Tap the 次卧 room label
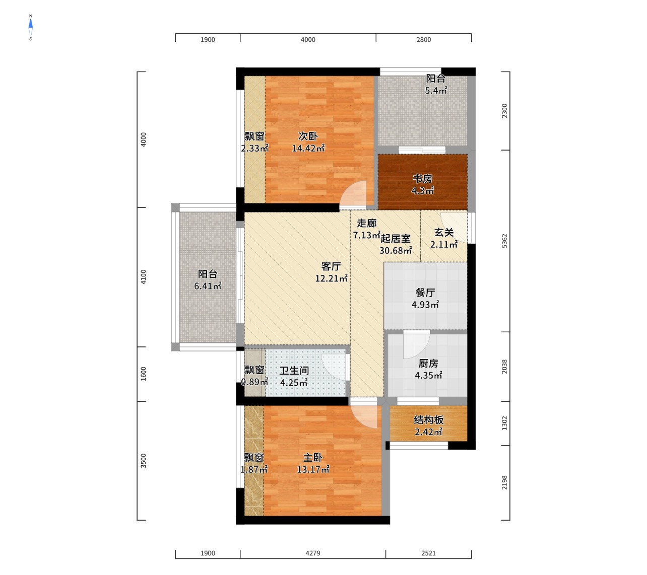pyautogui.click(x=307, y=136)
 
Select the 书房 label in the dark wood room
pyautogui.click(x=422, y=179)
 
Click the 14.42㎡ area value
pyautogui.click(x=308, y=149)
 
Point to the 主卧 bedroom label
pyautogui.click(x=312, y=458)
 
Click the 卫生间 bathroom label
pyautogui.click(x=294, y=370)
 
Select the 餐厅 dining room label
pyautogui.click(x=425, y=293)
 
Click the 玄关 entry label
pyautogui.click(x=444, y=232)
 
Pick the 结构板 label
pyautogui.click(x=429, y=420)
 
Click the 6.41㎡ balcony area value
pyautogui.click(x=208, y=286)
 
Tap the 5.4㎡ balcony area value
pyautogui.click(x=435, y=91)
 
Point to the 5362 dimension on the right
pyautogui.click(x=504, y=241)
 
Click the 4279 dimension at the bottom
pyautogui.click(x=312, y=553)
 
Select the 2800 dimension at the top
pyautogui.click(x=423, y=40)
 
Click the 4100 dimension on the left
pyautogui.click(x=144, y=277)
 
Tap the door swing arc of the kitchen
pyautogui.click(x=422, y=349)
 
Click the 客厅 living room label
pyautogui.click(x=331, y=266)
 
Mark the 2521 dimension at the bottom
pyautogui.click(x=428, y=553)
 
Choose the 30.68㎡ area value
pyautogui.click(x=396, y=250)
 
